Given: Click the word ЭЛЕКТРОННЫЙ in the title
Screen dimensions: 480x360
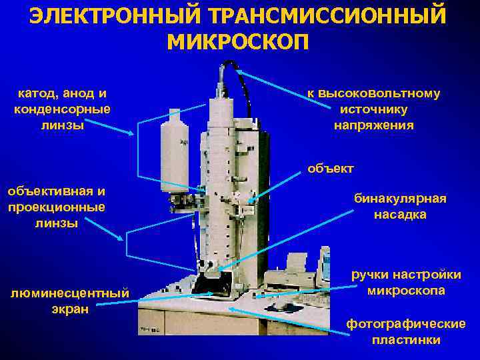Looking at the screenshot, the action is pyautogui.click(x=115, y=16).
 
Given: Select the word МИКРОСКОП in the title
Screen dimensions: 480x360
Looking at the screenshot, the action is pyautogui.click(x=238, y=42).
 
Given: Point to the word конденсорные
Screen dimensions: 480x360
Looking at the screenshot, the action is pyautogui.click(x=62, y=109).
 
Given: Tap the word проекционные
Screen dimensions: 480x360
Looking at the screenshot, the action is pyautogui.click(x=57, y=207).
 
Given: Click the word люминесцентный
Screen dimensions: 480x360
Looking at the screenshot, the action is pyautogui.click(x=70, y=293).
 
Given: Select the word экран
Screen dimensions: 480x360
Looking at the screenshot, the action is pyautogui.click(x=70, y=309).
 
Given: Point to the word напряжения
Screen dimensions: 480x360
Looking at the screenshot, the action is pyautogui.click(x=374, y=125).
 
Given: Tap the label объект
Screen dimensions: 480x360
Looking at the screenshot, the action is pyautogui.click(x=331, y=169).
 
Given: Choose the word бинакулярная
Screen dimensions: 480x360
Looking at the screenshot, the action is pyautogui.click(x=401, y=199).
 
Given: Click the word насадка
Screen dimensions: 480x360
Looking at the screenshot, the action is pyautogui.click(x=401, y=214).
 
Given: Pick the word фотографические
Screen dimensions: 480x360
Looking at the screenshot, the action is pyautogui.click(x=406, y=324).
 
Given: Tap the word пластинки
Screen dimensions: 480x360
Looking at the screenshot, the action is pyautogui.click(x=406, y=340).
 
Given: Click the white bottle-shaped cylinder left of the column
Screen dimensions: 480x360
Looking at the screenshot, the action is pyautogui.click(x=175, y=151).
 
